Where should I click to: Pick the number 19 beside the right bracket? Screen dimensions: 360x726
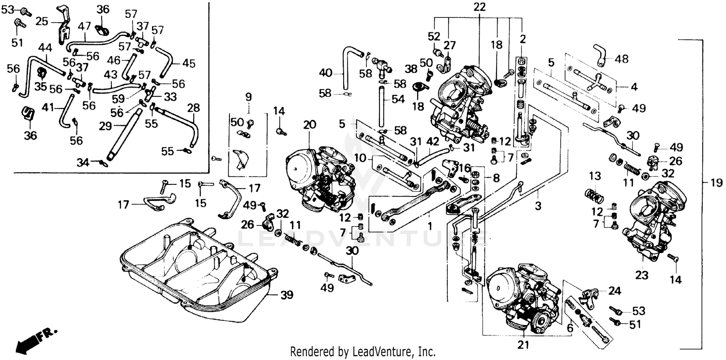point(715,183)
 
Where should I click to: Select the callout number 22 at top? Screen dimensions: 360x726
point(479,7)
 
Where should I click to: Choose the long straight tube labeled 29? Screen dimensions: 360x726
point(124,135)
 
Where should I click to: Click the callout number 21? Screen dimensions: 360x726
point(523,345)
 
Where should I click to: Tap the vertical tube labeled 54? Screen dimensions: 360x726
point(382,104)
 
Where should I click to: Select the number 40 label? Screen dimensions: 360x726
point(326,73)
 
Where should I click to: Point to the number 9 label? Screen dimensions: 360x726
point(249,96)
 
